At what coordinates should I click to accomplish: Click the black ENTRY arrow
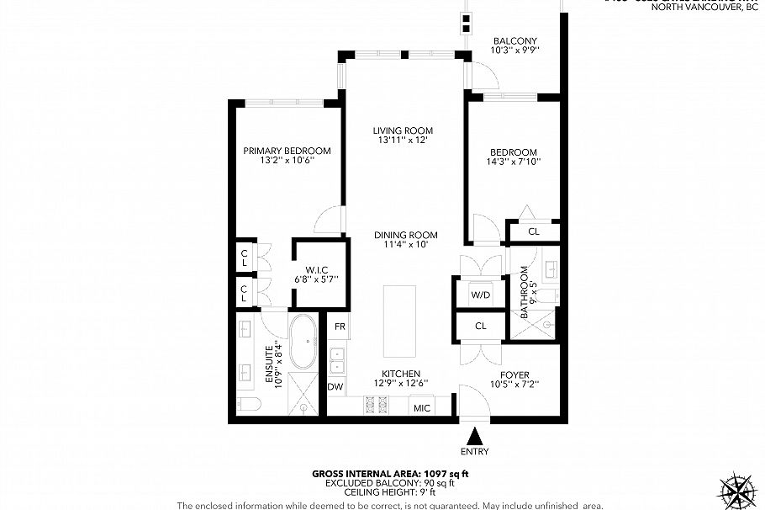(476, 436)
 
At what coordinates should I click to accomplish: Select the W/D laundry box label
(480, 295)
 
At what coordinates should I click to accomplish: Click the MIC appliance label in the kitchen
(421, 408)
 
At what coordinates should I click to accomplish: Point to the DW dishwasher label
(335, 387)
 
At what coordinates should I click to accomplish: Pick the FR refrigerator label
(340, 326)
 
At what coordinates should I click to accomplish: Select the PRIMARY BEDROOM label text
(287, 151)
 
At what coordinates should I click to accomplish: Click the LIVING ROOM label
(404, 130)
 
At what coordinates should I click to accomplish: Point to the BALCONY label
(514, 40)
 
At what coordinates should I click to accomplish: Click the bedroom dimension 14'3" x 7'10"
(514, 162)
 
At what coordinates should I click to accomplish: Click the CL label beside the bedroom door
(533, 231)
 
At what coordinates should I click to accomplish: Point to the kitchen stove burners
(374, 406)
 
